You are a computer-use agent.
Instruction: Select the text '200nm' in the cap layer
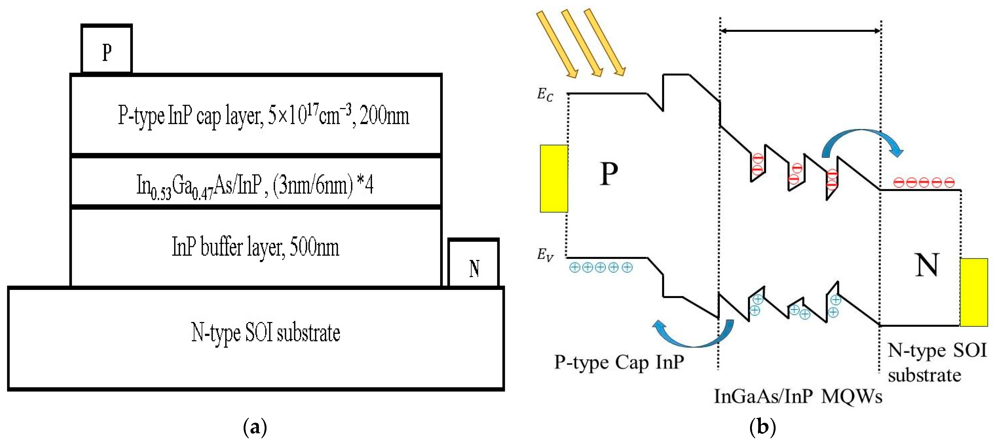click(x=384, y=115)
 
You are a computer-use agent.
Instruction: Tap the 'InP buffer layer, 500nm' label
click(x=255, y=247)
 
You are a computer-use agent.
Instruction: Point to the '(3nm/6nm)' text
click(x=313, y=185)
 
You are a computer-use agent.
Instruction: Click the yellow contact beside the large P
click(x=554, y=178)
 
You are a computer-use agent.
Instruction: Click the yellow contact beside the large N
click(x=973, y=292)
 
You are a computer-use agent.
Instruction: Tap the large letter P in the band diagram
click(x=609, y=174)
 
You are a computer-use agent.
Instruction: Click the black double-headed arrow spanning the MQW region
click(x=800, y=31)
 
